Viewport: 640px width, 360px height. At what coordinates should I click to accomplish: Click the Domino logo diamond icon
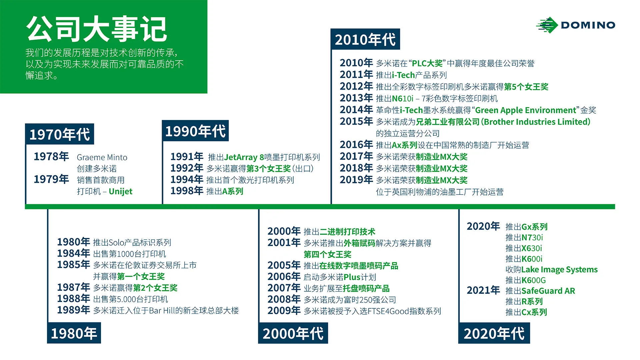pos(547,25)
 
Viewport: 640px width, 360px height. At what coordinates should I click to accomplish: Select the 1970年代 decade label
pos(59,134)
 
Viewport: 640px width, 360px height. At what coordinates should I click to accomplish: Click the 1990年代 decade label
pos(195,131)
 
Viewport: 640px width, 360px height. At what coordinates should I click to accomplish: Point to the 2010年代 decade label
pos(365,40)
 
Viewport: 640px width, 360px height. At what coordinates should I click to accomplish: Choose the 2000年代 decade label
pos(293,333)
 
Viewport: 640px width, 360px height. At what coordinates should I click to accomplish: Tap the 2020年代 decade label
pos(494,333)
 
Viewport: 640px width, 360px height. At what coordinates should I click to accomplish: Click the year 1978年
pos(51,156)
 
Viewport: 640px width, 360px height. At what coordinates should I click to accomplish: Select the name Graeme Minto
pos(102,157)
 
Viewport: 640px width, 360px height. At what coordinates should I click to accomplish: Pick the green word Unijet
pos(120,191)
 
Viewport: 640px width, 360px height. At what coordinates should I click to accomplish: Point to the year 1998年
pos(187,191)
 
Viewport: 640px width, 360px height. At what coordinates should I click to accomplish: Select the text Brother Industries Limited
pos(537,122)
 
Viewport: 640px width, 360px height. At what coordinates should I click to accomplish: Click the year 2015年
pos(356,121)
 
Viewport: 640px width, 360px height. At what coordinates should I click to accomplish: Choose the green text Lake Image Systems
pos(559,269)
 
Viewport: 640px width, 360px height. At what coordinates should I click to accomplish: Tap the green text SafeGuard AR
pos(548,291)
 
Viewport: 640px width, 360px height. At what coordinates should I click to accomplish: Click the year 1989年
pos(73,310)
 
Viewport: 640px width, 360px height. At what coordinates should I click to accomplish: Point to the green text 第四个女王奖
pos(327,254)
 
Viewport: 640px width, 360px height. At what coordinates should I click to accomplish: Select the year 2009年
pos(284,311)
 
